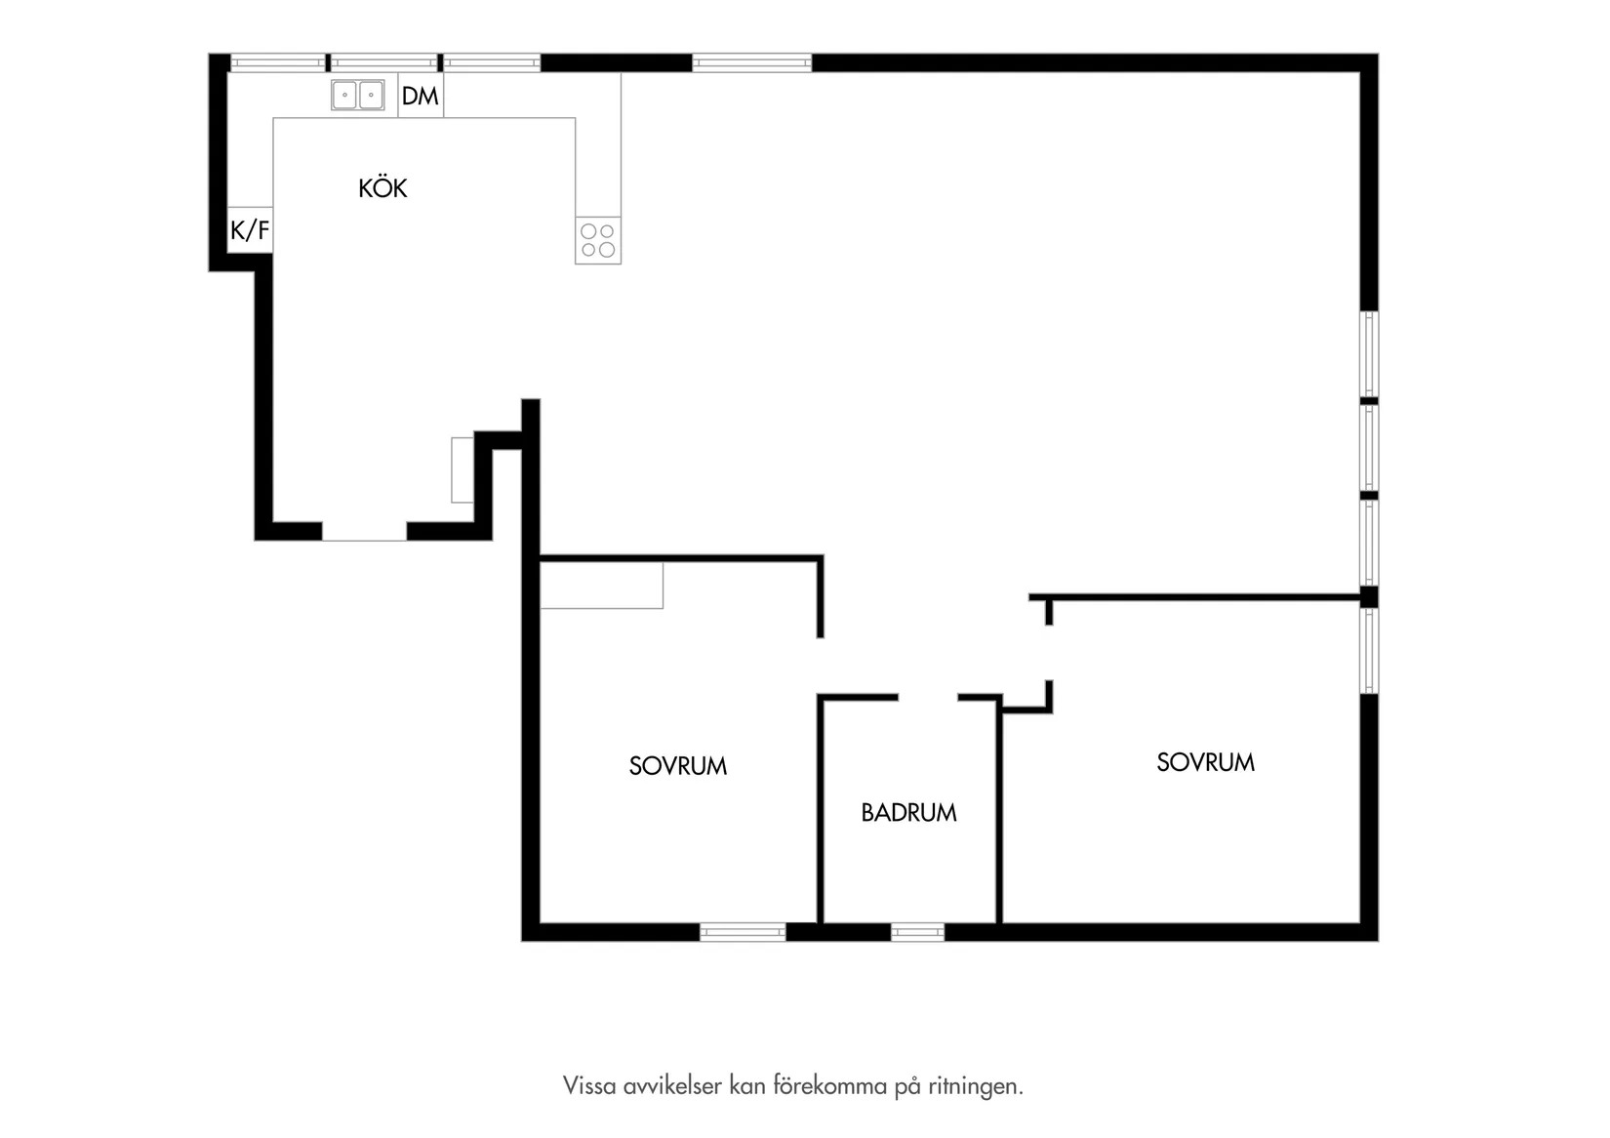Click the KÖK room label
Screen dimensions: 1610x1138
382,187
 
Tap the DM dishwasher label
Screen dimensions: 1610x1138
420,96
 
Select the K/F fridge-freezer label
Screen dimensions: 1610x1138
250,230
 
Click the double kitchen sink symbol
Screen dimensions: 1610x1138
357,95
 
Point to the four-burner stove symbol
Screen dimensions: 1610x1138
598,240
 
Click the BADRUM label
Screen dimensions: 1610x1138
908,812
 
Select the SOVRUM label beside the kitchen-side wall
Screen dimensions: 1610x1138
678,765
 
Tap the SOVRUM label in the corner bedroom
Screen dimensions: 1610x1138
1205,762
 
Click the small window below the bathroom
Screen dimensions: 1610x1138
917,932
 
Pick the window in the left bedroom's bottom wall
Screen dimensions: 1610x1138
743,932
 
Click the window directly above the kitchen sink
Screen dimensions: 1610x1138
383,62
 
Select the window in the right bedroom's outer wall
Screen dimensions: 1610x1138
1369,651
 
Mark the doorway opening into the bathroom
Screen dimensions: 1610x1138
928,697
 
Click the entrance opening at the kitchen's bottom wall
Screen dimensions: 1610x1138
364,531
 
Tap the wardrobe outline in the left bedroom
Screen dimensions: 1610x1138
602,586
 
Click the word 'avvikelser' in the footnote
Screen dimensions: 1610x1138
672,1085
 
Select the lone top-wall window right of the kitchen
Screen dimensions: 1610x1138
751,62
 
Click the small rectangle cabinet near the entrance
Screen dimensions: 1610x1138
463,470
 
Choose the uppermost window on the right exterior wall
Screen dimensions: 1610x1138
1369,353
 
